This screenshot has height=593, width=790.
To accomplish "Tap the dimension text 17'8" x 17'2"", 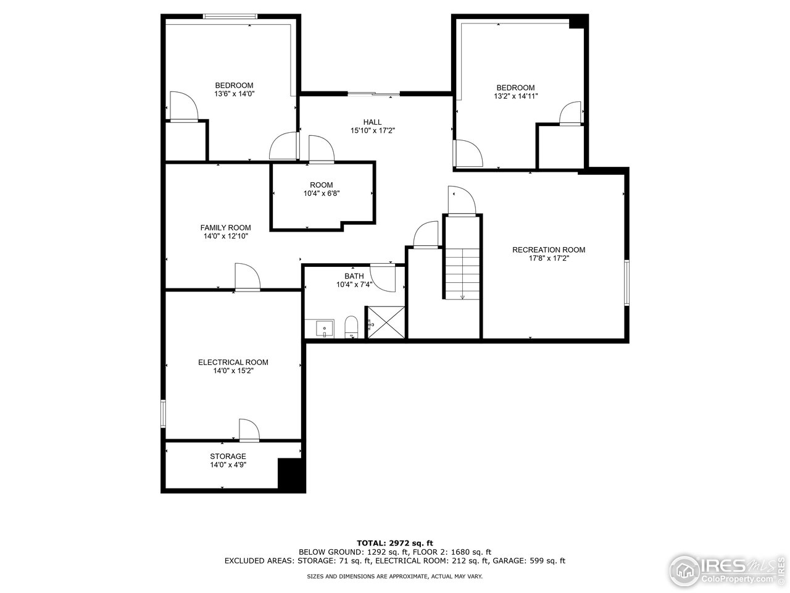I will [548, 259].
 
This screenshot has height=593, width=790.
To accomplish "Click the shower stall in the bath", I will [386, 322].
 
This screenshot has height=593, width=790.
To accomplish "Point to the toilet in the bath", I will [351, 327].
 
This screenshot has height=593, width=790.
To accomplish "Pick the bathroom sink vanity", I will [320, 328].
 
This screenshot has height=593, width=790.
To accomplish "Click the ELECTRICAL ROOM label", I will [233, 362].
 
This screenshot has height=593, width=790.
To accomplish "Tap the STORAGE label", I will [228, 456].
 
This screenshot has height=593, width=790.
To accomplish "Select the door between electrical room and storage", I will [249, 431].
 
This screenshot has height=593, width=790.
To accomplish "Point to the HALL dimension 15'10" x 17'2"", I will [372, 130].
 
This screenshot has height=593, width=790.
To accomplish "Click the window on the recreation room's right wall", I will [626, 282].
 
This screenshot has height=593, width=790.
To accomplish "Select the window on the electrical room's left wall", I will [164, 413].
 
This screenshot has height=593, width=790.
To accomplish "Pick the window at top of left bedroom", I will [231, 16].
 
